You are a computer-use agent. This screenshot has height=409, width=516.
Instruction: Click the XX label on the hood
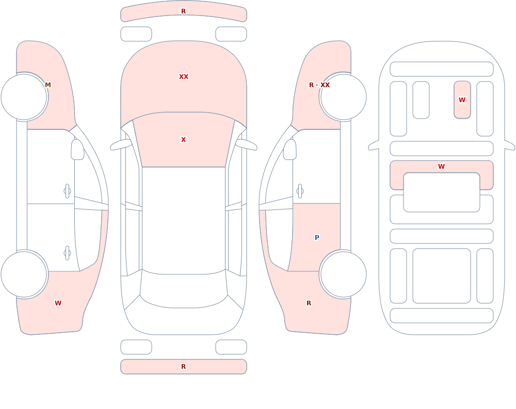(x=184, y=77)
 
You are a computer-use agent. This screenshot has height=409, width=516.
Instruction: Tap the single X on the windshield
(x=184, y=140)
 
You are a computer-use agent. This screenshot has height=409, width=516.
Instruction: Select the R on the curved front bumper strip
(x=184, y=11)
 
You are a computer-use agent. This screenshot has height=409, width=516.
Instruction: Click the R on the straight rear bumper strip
(x=184, y=367)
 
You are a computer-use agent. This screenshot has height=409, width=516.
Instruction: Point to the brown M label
(x=48, y=85)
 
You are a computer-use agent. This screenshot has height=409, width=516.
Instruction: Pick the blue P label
(x=317, y=238)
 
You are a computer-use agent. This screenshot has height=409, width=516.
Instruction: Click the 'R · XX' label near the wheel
(x=319, y=85)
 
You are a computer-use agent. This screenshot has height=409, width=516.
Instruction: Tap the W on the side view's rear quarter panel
(x=58, y=303)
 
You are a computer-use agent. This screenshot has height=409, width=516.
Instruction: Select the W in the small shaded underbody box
(x=462, y=100)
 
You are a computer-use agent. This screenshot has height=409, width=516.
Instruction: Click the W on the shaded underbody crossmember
(x=442, y=167)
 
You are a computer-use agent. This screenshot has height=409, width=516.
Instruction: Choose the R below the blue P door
(x=309, y=303)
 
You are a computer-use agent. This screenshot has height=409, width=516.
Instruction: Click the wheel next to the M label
(x=24, y=97)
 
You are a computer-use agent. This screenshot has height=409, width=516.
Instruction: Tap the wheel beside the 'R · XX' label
(x=343, y=97)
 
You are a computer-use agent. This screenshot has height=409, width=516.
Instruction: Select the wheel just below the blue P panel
(x=343, y=274)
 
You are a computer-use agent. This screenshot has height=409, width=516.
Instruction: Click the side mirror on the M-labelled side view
(x=77, y=150)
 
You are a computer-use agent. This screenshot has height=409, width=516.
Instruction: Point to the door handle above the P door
(x=300, y=191)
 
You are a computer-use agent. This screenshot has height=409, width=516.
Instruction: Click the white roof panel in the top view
(x=184, y=220)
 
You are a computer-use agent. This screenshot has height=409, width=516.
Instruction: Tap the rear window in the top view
(x=184, y=298)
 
